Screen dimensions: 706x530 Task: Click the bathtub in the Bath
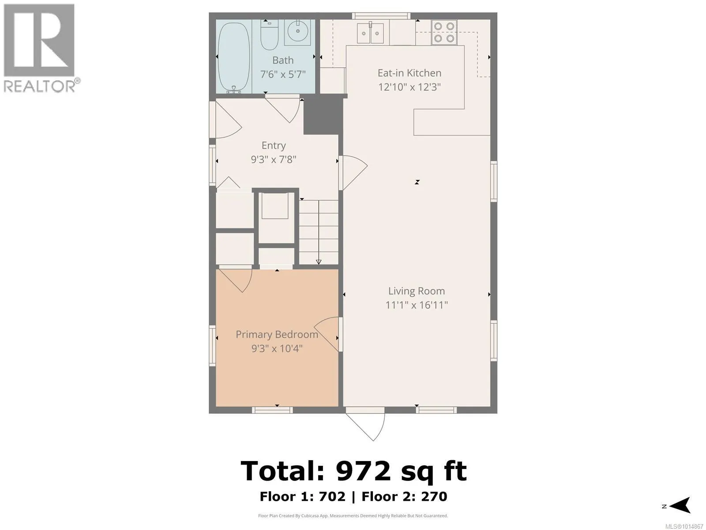234,57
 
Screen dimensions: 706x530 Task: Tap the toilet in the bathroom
269,35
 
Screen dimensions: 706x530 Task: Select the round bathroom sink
297,31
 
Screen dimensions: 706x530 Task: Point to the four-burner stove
444,32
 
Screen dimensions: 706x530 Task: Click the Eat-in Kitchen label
409,73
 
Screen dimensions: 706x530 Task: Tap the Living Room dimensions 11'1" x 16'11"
417,305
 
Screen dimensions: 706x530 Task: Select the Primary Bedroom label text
277,334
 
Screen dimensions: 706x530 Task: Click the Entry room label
274,145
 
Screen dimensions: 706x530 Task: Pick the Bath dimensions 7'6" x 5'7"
283,74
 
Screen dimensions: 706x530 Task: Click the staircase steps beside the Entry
319,232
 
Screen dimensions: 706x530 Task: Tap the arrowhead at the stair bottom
319,262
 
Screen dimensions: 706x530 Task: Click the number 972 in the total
363,471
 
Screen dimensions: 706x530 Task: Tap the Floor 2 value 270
434,497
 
